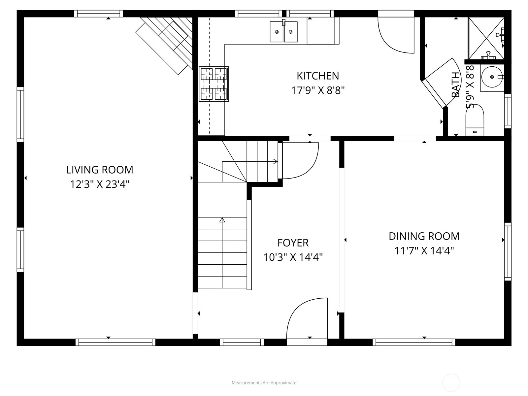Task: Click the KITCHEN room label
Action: (x=317, y=76)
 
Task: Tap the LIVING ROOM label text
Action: (x=100, y=170)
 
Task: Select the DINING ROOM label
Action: (x=424, y=236)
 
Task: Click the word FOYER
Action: (x=293, y=243)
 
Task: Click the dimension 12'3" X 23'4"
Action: (x=100, y=184)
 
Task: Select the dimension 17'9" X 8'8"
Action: (x=317, y=90)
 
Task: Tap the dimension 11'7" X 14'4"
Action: (x=424, y=251)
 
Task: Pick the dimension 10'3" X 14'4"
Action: (x=293, y=257)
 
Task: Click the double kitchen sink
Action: (x=283, y=32)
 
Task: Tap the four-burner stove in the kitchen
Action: (x=214, y=84)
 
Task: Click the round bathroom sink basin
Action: (x=492, y=77)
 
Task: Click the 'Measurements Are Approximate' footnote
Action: (x=264, y=383)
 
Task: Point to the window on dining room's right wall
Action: (x=508, y=252)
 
